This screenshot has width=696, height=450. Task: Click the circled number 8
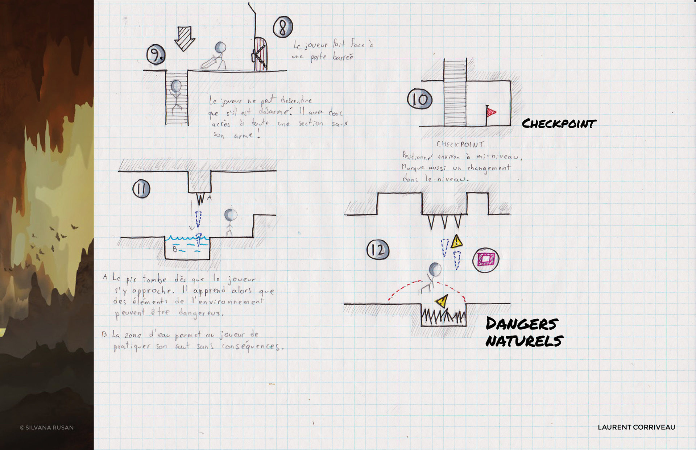coord(283,27)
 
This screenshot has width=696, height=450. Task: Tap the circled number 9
coord(156,55)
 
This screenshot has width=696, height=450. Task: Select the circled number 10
coord(420,99)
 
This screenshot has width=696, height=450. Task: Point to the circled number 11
coord(141,189)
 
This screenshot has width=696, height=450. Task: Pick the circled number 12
coord(378,250)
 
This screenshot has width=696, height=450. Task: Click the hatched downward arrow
coord(185,38)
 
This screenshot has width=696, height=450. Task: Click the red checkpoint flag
coord(491,112)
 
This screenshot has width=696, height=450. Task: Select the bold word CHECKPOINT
coord(559,124)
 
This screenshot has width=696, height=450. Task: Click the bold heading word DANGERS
coord(522,324)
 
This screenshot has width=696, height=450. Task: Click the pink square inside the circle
coord(486,259)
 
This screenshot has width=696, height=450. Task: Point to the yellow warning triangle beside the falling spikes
coord(457,241)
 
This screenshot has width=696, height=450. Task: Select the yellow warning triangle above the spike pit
coord(442,301)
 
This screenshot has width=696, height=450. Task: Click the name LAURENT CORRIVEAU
coord(636,427)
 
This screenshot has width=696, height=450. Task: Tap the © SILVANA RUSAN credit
coord(47,428)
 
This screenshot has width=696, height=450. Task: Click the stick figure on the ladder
coord(176,95)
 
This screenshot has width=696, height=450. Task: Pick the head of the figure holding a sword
coord(220,47)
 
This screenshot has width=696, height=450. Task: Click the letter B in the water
coord(175,249)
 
